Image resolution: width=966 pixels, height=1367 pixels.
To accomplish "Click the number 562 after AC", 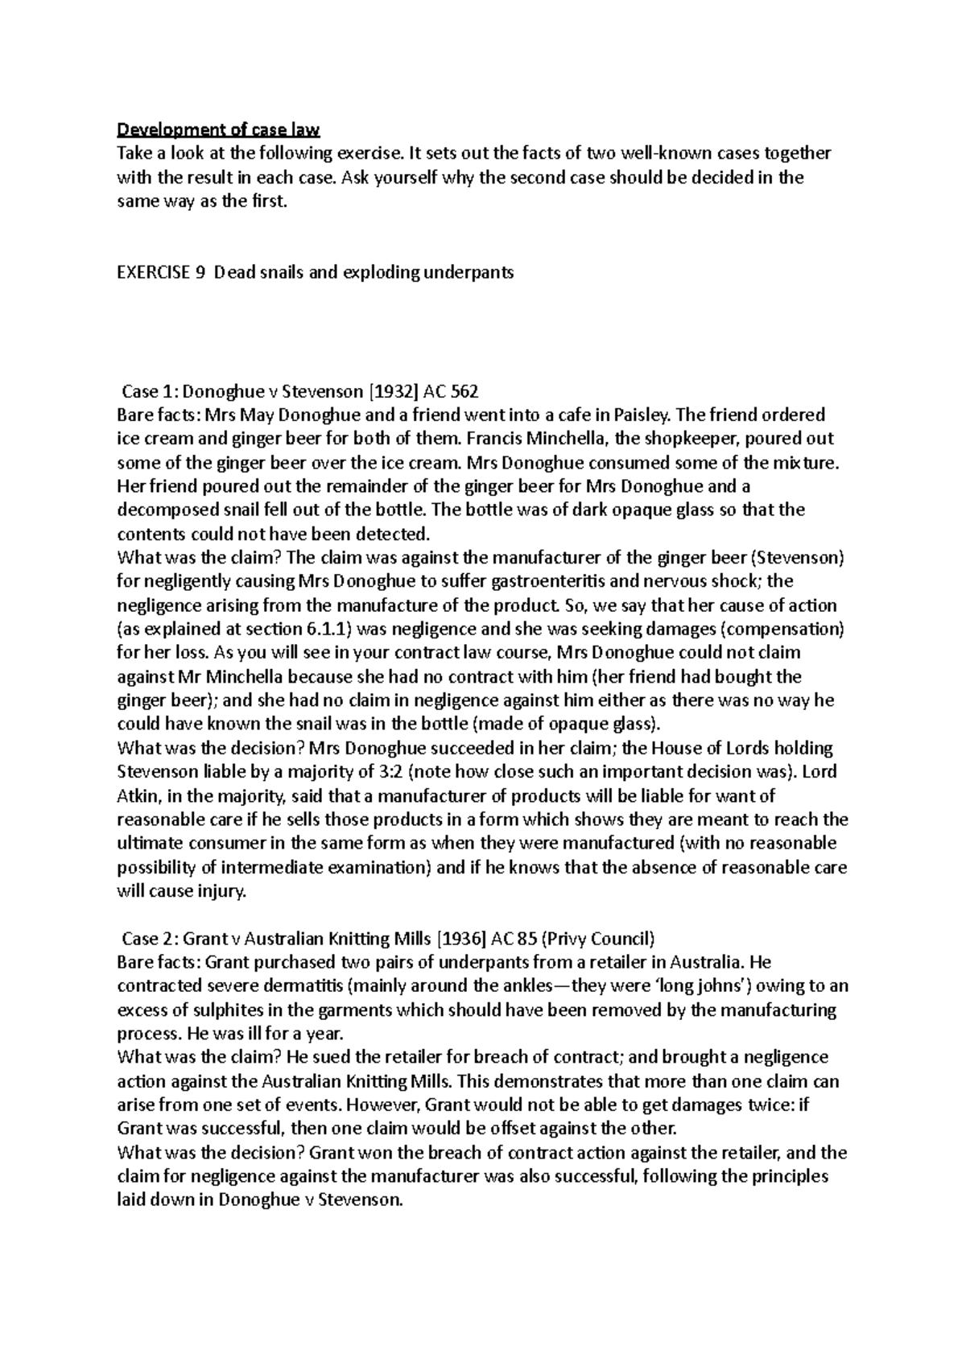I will coord(464,392).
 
